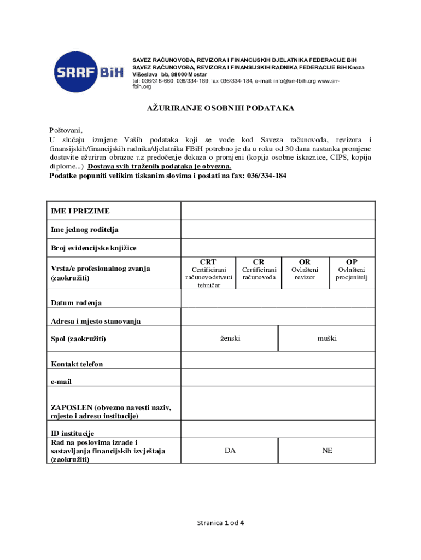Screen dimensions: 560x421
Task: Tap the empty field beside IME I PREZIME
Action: coord(278,211)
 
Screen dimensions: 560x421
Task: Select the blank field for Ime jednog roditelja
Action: coord(278,229)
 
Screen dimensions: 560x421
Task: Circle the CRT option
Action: coord(208,262)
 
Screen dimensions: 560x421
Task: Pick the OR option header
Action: coord(305,262)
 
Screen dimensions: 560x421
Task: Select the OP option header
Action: coord(352,262)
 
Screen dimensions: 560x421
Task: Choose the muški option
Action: coord(327,339)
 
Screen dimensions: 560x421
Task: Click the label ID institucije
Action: coord(73,434)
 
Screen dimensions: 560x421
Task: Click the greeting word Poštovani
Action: coord(66,130)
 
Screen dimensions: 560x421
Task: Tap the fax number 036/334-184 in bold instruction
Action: coord(265,176)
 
